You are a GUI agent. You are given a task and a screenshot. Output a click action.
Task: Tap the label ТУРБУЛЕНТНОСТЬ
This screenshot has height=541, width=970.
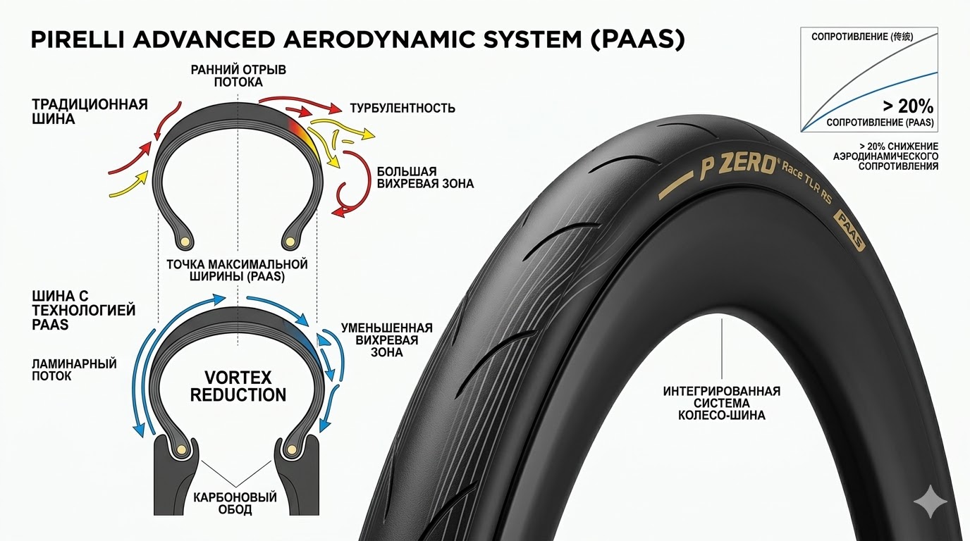click(403, 108)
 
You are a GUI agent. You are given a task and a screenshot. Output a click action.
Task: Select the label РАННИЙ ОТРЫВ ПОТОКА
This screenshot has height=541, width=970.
click(238, 76)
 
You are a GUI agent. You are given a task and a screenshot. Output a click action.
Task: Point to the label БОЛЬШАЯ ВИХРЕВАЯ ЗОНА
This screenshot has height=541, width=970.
click(424, 178)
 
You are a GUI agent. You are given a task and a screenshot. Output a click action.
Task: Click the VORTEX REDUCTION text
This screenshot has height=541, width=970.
click(238, 385)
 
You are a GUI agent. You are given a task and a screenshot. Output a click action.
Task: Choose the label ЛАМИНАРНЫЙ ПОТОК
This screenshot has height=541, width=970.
click(74, 370)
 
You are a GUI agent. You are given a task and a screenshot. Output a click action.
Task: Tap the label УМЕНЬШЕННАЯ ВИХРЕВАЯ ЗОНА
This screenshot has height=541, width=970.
click(386, 340)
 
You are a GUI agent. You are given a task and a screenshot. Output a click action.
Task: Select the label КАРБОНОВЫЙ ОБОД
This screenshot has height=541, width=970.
click(235, 503)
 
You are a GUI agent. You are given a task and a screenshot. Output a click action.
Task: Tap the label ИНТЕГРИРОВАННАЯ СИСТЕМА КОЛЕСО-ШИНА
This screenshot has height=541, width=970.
click(721, 403)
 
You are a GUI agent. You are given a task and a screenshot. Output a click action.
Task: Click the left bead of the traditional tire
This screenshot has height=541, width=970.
click(185, 242)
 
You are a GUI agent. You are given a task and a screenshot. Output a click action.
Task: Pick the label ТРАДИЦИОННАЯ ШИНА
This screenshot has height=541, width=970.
click(90, 111)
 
